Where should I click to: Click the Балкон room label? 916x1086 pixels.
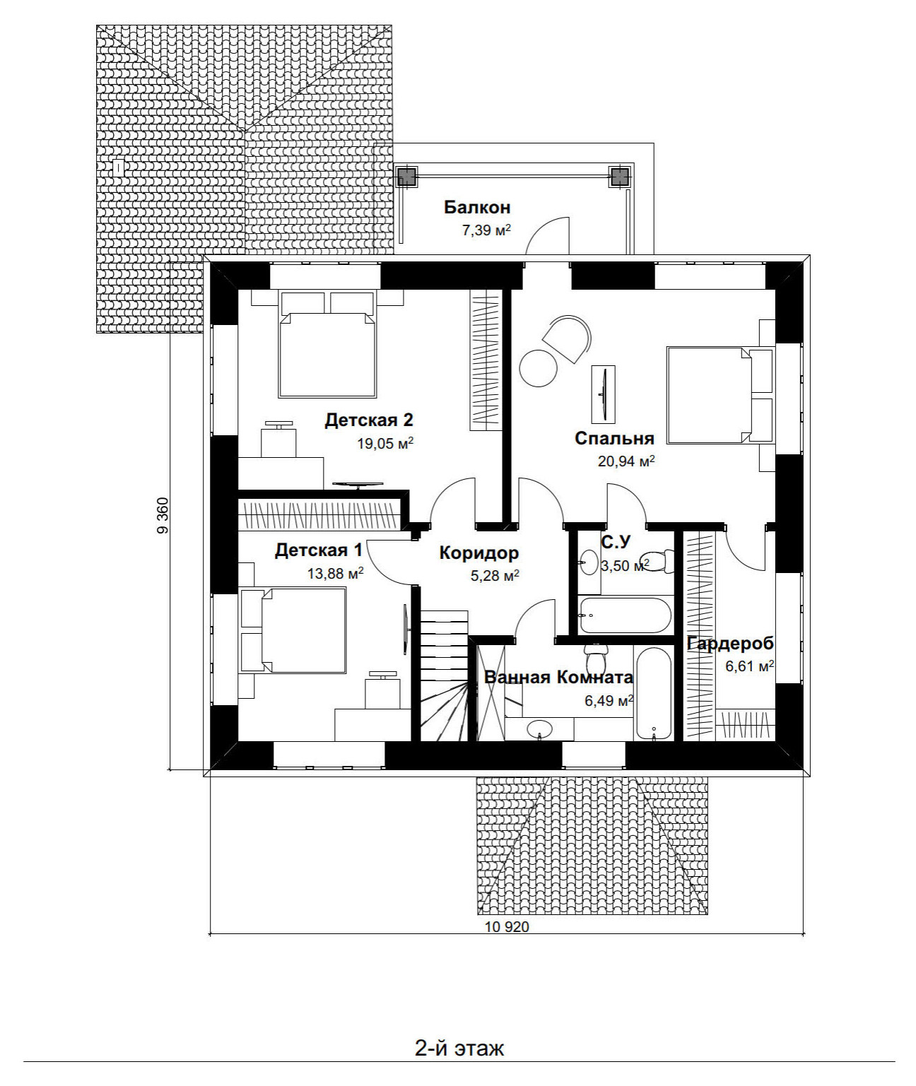pos(477,208)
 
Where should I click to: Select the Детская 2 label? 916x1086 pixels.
pos(368,420)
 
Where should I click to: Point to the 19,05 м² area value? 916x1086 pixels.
pos(385,443)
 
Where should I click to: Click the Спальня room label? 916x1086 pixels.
pos(614,439)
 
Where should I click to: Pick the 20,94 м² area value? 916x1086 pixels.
pos(626,461)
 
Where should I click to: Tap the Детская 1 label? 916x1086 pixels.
pos(319,550)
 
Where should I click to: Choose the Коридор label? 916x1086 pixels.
pos(478,553)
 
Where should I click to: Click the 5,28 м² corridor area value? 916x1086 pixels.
pos(495,576)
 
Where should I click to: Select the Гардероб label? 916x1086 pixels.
pos(731,644)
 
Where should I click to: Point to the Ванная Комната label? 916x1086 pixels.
pos(558,677)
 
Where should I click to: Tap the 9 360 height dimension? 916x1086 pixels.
pos(163,515)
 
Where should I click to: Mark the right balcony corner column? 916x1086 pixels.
pos(619,177)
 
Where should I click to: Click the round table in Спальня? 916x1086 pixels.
pos(539,367)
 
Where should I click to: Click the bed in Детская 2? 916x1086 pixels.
pos(327,344)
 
